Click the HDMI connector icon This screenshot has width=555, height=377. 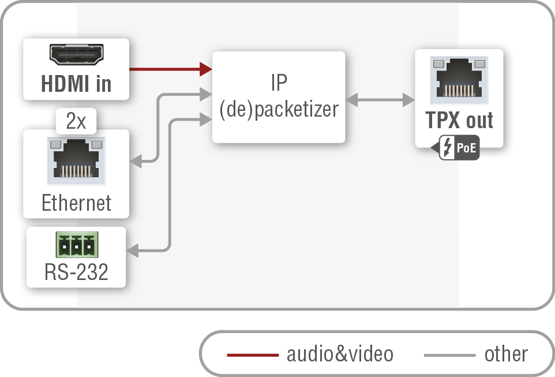pyautogui.click(x=76, y=55)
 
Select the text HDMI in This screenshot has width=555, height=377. pyautogui.click(x=76, y=84)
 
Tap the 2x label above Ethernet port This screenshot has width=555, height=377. pyautogui.click(x=76, y=121)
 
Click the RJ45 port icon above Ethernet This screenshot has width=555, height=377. pyautogui.click(x=76, y=161)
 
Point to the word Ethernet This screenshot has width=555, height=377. pyautogui.click(x=76, y=203)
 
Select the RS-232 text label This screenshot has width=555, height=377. pyautogui.click(x=76, y=272)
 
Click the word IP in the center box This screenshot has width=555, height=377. pyautogui.click(x=279, y=83)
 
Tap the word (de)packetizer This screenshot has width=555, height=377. pyautogui.click(x=279, y=109)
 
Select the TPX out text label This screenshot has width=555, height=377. pyautogui.click(x=459, y=120)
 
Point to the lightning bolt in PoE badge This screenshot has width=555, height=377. pyautogui.click(x=448, y=148)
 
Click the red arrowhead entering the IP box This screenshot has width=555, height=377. pyautogui.click(x=207, y=69)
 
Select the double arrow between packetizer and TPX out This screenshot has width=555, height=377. pyautogui.click(x=380, y=99)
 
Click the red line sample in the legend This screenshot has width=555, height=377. pyautogui.click(x=252, y=354)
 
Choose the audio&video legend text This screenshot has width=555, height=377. pyautogui.click(x=340, y=354)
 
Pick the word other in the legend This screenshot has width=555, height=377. pyautogui.click(x=505, y=354)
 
